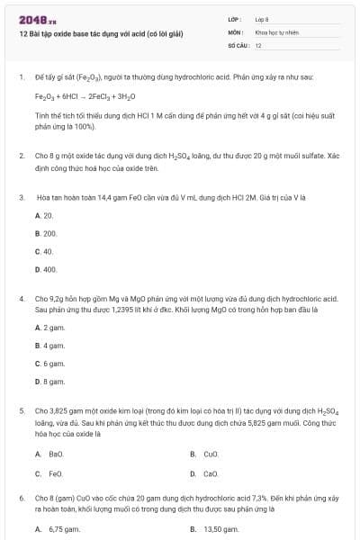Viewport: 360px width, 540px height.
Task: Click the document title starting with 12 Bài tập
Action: pos(100,34)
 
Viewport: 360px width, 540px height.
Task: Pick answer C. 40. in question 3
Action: pos(44,251)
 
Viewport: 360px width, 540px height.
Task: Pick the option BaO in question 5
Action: pos(56,454)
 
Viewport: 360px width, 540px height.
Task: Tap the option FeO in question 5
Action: pos(56,473)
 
